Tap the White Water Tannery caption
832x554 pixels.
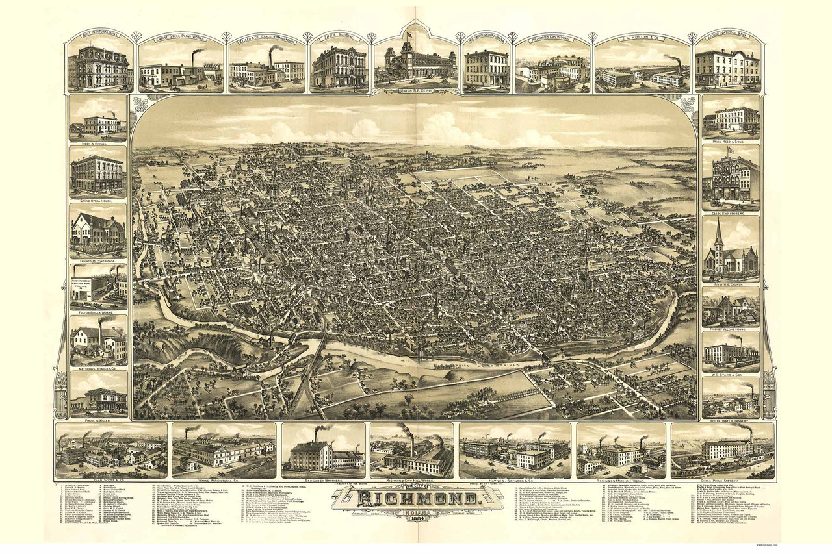pos(731,420)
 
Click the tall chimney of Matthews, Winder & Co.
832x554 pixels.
pos(100,333)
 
